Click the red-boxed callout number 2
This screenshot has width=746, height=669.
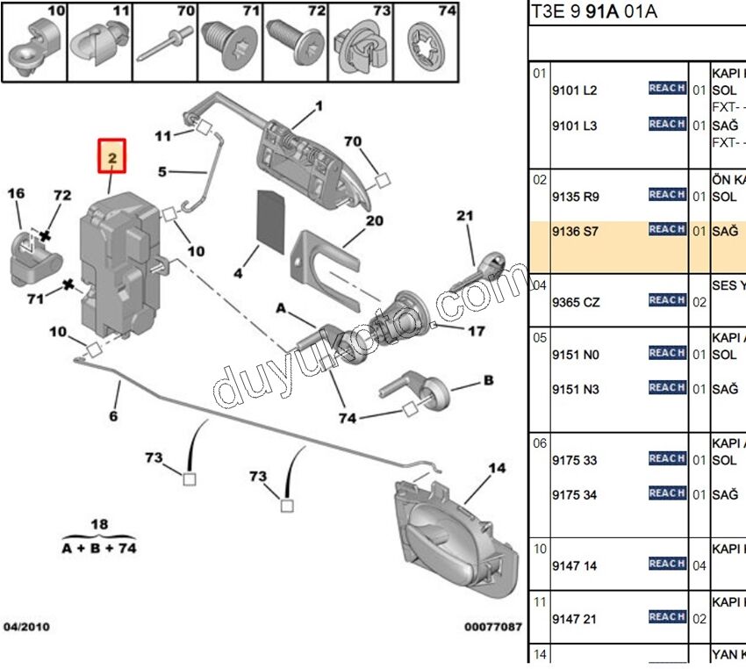coord(112,159)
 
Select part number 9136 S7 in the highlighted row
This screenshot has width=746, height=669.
coord(575,232)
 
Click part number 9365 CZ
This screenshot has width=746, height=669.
coord(576,302)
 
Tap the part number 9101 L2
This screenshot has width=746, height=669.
coord(574,90)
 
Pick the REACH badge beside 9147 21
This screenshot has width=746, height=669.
coord(667,616)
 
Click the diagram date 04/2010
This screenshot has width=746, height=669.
coord(27,627)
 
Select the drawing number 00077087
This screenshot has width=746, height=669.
coord(492,627)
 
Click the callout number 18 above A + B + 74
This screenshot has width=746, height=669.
coord(100,524)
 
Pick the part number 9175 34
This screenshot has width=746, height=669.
coord(574,495)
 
